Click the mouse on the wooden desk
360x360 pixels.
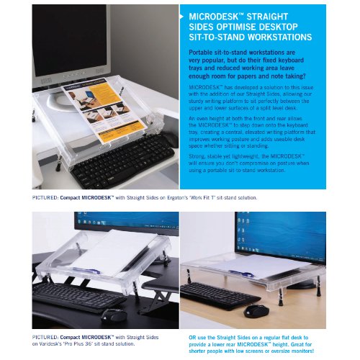click(x=257, y=310)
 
